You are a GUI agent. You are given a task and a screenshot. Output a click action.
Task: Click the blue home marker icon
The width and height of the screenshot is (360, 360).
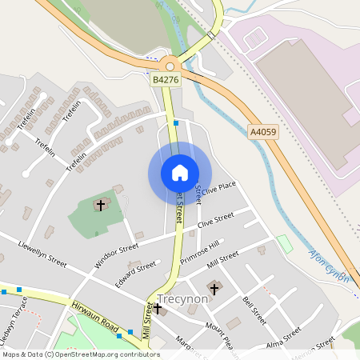[x=180, y=173]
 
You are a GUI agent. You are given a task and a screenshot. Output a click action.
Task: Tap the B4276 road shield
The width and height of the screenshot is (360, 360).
[x=165, y=80]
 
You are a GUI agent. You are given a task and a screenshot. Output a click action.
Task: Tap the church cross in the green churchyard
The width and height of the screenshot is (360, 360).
[x=101, y=206]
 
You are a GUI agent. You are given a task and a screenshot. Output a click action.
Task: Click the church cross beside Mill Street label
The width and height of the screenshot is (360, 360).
[x=158, y=306]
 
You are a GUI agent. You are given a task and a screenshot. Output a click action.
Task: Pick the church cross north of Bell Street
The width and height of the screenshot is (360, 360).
[x=214, y=286]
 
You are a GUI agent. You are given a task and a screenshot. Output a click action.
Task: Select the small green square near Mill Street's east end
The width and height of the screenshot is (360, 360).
[x=284, y=243]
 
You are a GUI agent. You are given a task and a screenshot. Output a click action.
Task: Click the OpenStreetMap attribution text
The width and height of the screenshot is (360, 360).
[x=81, y=354]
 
